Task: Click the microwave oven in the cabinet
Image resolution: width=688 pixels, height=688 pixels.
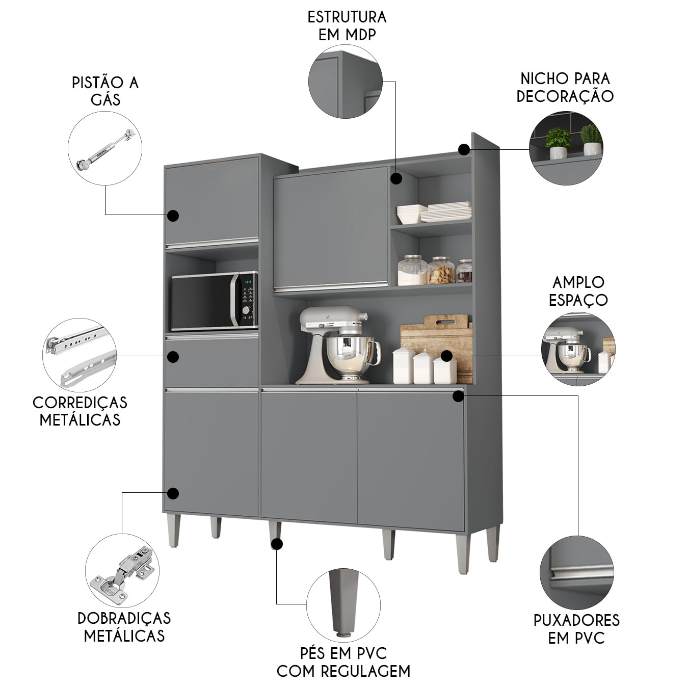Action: coord(214,301)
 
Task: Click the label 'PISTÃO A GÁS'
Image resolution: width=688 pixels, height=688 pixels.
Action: coord(105,91)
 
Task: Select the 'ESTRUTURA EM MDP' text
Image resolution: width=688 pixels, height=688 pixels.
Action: coord(347,25)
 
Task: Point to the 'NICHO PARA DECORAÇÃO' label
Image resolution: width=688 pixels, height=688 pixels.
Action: coord(565,87)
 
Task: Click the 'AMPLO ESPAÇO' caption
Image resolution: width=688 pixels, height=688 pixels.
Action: coord(578,291)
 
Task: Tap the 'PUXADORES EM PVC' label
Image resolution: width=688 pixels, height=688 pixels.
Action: coord(576,629)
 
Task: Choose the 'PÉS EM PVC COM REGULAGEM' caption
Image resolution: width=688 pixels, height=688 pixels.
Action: coord(343,662)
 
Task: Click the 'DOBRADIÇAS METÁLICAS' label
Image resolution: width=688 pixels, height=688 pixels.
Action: coord(124,627)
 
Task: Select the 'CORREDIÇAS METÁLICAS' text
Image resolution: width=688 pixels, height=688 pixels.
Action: coord(80,411)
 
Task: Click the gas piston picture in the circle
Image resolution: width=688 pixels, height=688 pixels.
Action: coord(105,148)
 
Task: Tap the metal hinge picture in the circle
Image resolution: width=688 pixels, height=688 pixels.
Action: coord(122,571)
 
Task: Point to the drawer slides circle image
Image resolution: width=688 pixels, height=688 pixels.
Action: coord(80,355)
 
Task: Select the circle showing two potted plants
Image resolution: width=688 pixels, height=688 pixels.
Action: coord(566,148)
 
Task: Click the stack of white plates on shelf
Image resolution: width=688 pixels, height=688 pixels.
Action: coord(446,211)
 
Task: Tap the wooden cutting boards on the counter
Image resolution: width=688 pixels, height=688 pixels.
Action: coord(438,336)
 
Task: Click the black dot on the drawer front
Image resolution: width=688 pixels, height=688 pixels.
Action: coord(173,357)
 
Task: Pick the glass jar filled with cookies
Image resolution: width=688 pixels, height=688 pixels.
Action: coord(441,271)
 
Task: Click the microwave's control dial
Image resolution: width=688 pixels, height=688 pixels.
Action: coord(246,310)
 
